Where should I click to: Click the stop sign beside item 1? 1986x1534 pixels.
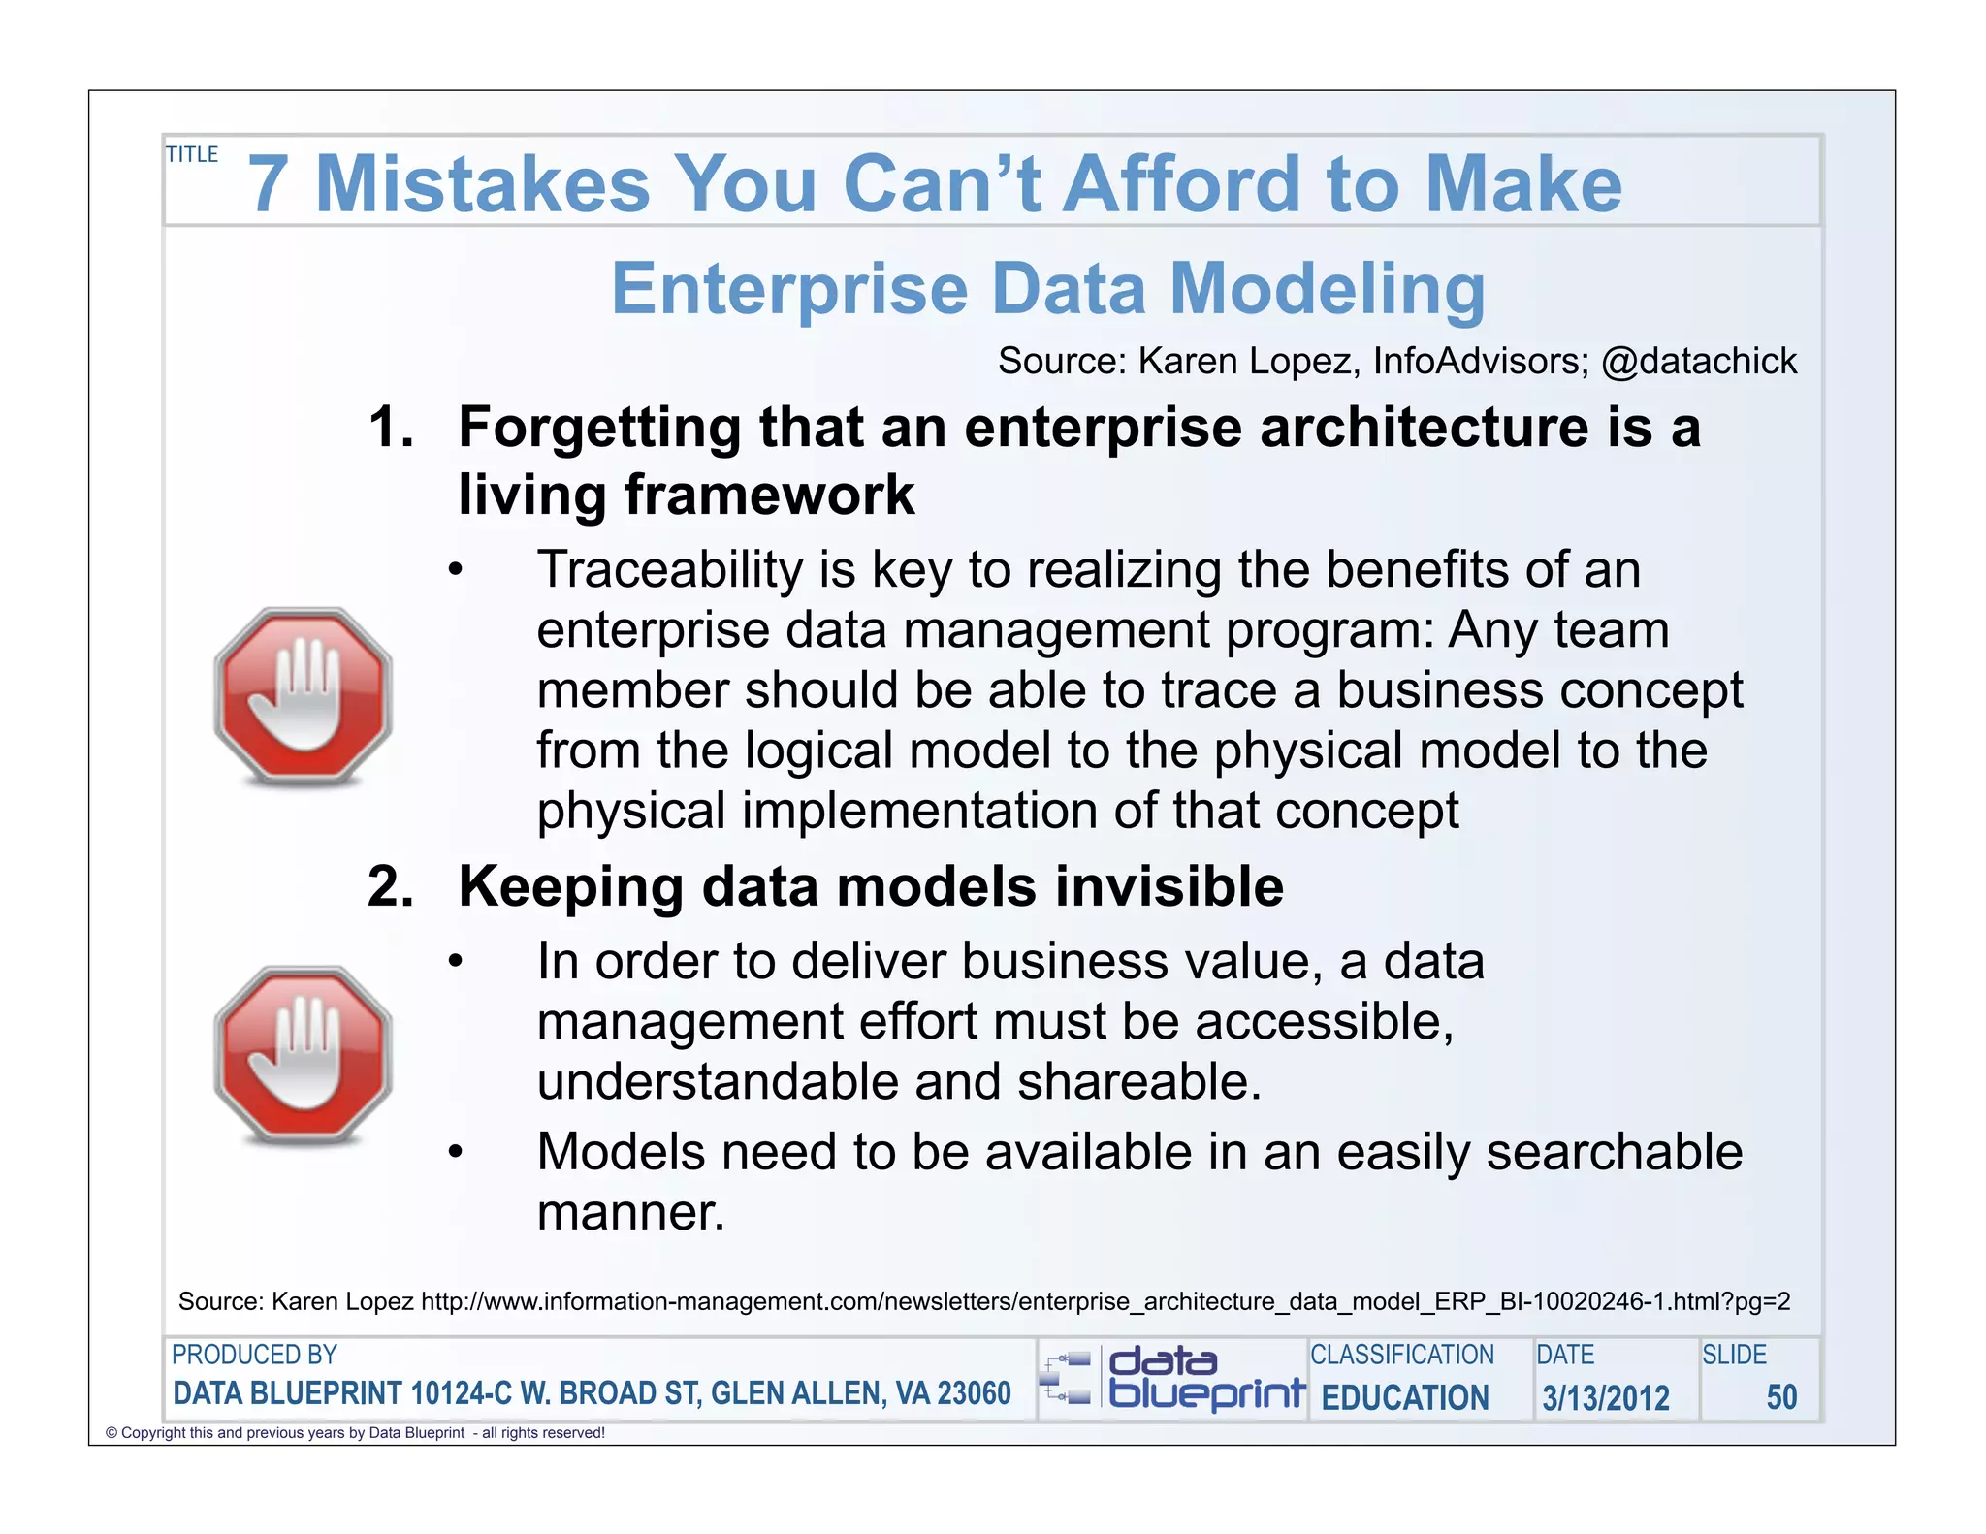303,696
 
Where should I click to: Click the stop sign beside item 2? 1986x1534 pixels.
303,1055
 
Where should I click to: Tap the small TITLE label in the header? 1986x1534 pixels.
192,155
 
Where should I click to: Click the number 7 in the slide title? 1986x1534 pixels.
269,184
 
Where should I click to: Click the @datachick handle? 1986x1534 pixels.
1698,362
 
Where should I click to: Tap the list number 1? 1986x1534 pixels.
391,428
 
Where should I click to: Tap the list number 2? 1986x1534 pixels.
391,886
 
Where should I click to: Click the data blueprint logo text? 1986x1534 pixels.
1204,1378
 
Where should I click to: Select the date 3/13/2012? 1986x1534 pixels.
1606,1397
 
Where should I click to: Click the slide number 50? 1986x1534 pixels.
1781,1397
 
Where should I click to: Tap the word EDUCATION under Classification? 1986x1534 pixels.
1404,1397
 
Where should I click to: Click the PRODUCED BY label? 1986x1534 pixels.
254,1355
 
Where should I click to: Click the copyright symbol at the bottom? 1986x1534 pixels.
111,1433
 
